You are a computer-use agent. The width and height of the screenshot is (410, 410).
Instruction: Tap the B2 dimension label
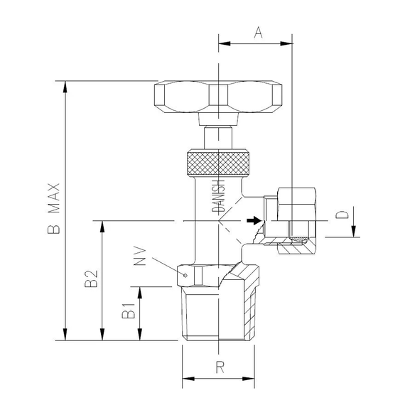point(90,280)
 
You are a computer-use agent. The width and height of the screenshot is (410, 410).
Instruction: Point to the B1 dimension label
point(128,312)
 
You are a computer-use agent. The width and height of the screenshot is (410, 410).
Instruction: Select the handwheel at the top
point(219,97)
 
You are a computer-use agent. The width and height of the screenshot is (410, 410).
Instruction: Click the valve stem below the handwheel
point(219,136)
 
